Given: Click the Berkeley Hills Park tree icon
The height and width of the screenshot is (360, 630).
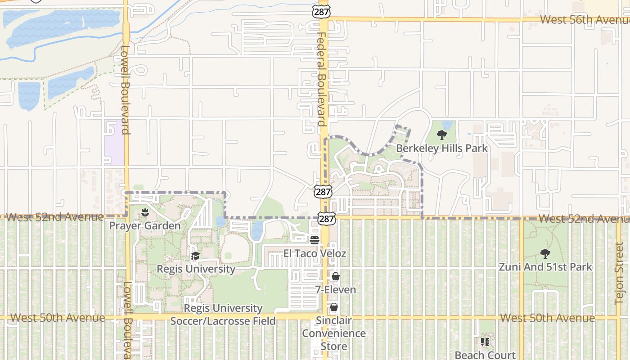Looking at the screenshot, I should pos(442,135).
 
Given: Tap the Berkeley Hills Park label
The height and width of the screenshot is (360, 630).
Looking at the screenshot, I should pos(441,148).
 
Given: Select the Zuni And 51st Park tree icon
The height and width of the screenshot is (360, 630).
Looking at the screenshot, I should pos(545,254).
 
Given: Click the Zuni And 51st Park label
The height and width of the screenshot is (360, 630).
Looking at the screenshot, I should pos(545,267).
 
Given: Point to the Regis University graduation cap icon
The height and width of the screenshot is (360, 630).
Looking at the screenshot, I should pos(195,256).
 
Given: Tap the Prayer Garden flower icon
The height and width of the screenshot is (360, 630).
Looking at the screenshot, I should pos(145,212).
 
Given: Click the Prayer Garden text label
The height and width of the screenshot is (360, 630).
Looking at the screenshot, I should pos(145,225).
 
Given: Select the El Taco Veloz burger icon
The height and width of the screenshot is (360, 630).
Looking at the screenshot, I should pos(315,240).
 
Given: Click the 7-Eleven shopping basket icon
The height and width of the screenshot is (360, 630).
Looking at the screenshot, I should pos(336,276).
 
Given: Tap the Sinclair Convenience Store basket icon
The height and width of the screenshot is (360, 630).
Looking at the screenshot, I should pos(334,307).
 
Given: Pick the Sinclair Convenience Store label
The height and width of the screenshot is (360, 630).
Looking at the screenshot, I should pos(333,333).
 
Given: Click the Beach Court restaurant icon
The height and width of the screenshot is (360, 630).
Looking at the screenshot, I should pos(485,342).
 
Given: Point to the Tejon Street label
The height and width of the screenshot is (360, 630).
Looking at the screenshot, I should pos(620,274).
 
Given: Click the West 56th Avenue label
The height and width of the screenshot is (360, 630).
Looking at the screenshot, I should pos(584,20).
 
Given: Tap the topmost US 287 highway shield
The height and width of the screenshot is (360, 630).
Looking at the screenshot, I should pos(322,11).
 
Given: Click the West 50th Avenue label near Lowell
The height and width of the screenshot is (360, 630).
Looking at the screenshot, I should pos(58,318).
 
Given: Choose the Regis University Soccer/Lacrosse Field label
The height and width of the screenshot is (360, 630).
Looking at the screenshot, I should pos(223,315).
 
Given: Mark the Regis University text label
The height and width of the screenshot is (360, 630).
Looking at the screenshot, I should pos(196,269).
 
